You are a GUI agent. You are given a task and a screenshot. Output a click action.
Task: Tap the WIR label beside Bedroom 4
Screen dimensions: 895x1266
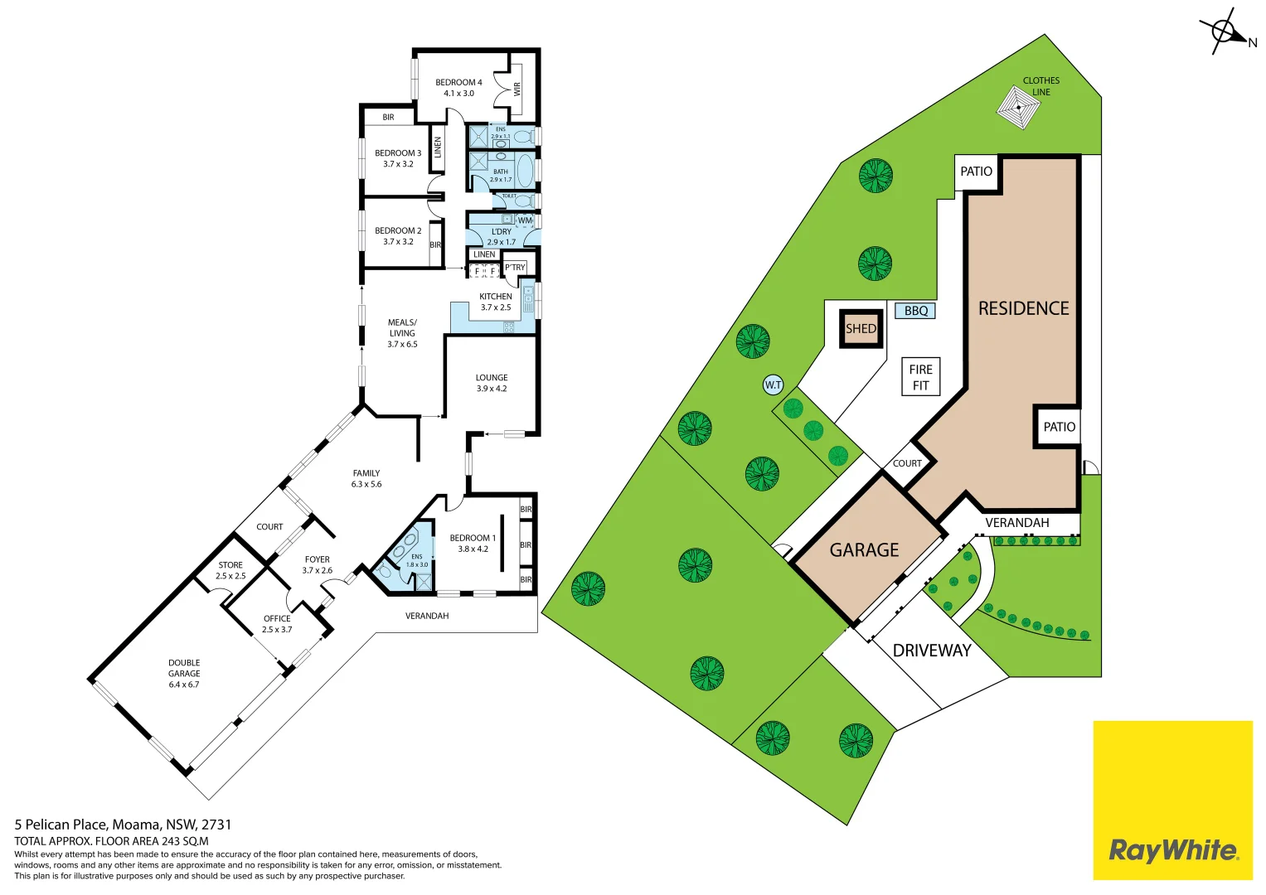pos(517,88)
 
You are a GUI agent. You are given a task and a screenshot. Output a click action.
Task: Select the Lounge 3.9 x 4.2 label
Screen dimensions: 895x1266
pos(492,383)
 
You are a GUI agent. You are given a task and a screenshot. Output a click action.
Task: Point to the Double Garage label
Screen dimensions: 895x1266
pos(184,674)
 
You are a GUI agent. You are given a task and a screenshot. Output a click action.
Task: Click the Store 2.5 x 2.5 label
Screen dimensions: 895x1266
pos(230,570)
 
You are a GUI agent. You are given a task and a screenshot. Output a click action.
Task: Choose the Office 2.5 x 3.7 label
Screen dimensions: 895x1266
pos(277,624)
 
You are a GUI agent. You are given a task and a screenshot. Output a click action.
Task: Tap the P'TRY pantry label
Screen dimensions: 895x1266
pos(515,268)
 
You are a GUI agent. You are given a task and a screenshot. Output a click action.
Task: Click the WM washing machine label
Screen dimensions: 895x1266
pos(525,220)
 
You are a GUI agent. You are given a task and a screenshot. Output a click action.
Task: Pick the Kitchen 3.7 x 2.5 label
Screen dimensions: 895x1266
pos(496,302)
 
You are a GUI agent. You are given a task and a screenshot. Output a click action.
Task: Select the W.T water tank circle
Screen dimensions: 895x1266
pos(773,385)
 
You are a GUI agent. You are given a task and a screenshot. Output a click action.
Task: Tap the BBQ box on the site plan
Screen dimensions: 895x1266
pos(915,311)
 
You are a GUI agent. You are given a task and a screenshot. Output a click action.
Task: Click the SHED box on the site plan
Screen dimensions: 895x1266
pos(861,329)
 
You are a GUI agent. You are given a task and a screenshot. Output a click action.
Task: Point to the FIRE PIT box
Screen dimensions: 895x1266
pos(920,377)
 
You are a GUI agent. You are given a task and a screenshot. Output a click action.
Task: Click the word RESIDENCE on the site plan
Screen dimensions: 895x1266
pos(1023,308)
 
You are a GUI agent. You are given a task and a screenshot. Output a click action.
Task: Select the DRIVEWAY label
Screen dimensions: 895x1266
pos(931,651)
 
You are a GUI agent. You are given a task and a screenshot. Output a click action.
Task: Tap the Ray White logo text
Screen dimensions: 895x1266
pos(1172,850)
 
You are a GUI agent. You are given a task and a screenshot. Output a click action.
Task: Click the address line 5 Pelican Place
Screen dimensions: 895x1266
pos(123,825)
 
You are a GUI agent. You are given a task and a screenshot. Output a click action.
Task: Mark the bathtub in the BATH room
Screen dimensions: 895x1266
pos(524,169)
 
